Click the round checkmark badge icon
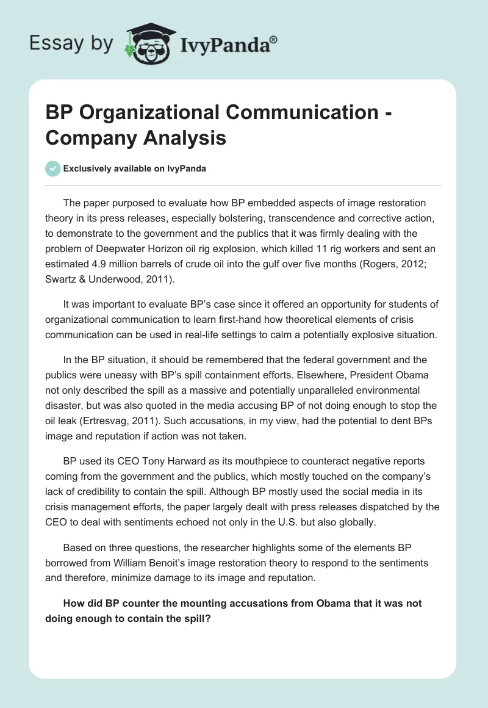point(53,168)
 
